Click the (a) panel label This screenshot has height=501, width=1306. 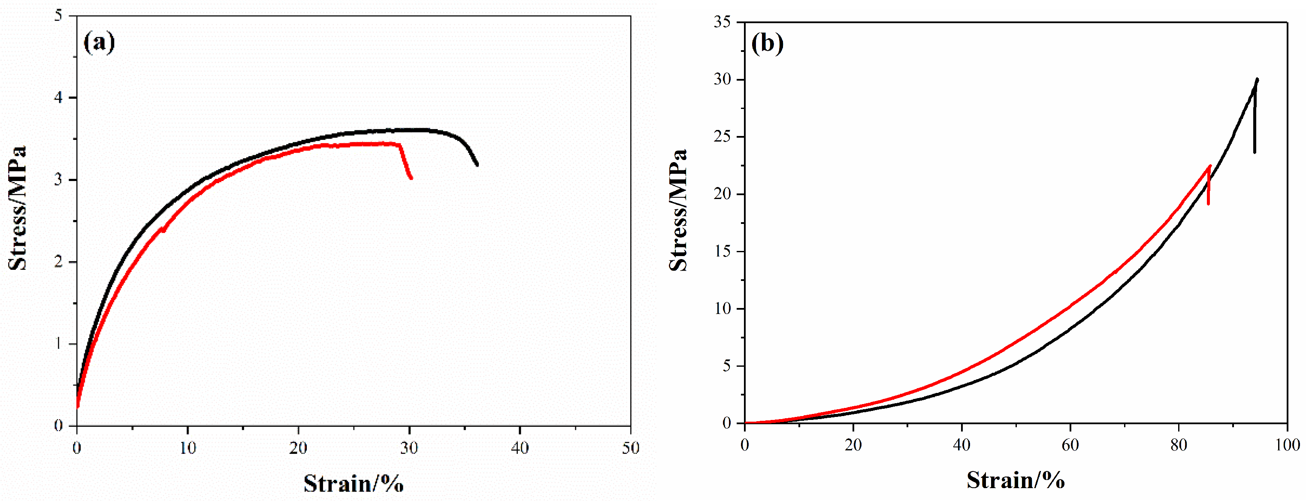pyautogui.click(x=99, y=42)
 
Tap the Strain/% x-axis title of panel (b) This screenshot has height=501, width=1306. pyautogui.click(x=1016, y=479)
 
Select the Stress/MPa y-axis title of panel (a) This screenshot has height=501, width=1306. pyautogui.click(x=18, y=208)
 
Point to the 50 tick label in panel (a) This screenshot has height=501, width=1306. pyautogui.click(x=631, y=448)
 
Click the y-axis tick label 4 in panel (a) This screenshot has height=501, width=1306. pyautogui.click(x=59, y=97)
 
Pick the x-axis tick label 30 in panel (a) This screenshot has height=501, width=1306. pyautogui.click(x=408, y=448)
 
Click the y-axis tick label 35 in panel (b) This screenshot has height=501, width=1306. pyautogui.click(x=722, y=22)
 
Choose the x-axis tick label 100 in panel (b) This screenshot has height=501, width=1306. pyautogui.click(x=1287, y=445)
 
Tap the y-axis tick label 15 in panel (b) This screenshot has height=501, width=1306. pyautogui.click(x=722, y=251)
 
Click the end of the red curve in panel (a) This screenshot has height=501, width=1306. pyautogui.click(x=411, y=178)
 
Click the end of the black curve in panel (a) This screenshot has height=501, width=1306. pyautogui.click(x=477, y=164)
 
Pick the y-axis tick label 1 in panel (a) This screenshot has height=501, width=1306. pyautogui.click(x=59, y=344)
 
